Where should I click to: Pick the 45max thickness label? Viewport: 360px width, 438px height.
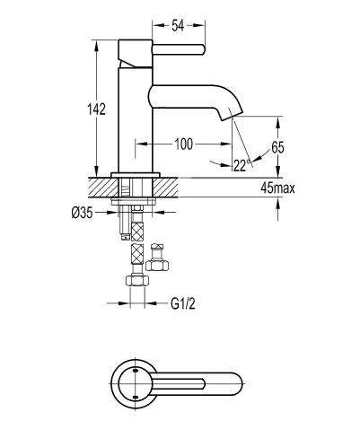(277, 188)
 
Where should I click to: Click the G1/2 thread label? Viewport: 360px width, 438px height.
(184, 303)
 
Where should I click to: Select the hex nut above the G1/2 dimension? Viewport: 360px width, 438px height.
(137, 281)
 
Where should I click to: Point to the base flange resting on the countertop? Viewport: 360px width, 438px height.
(135, 173)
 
